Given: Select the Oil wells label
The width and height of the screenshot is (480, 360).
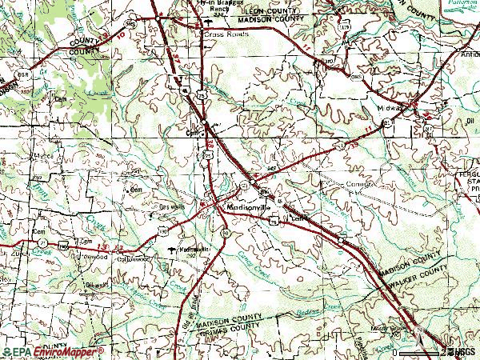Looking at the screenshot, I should [100, 284].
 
